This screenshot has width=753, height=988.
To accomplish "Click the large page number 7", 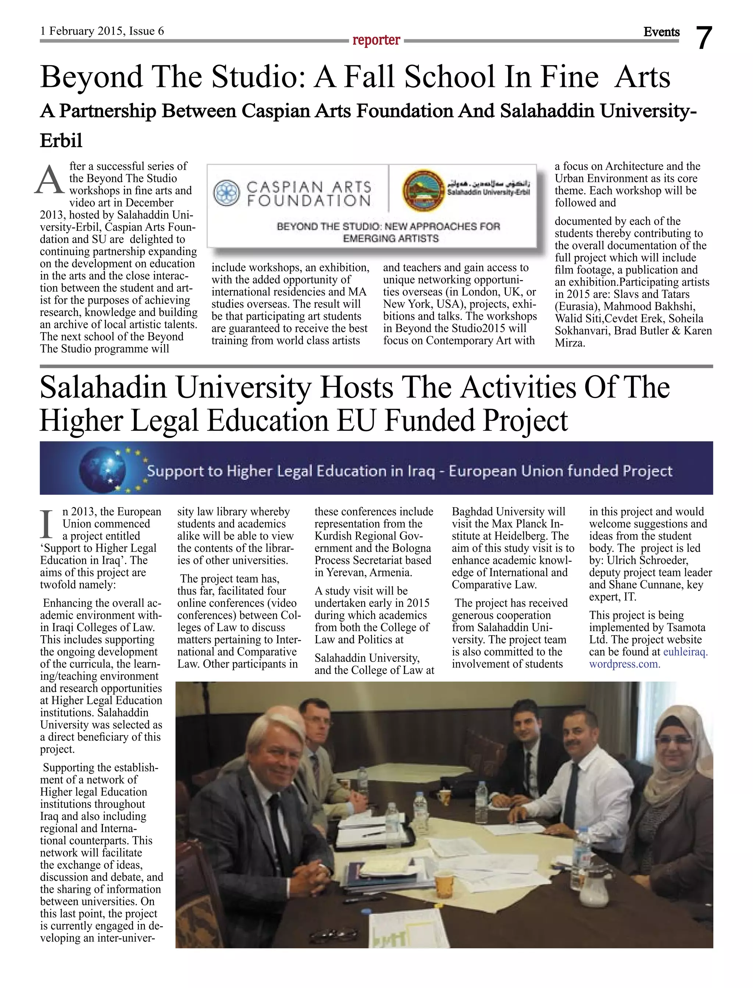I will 704,38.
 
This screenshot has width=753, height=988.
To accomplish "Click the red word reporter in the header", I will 376,40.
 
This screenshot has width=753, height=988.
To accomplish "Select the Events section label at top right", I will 661,32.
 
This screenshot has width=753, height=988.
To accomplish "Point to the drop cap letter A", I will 50,180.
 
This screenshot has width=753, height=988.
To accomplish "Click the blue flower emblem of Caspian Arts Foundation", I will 227,193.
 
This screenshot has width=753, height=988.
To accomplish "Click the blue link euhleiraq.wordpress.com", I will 648,658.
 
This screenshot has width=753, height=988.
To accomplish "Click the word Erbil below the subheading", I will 61,140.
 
